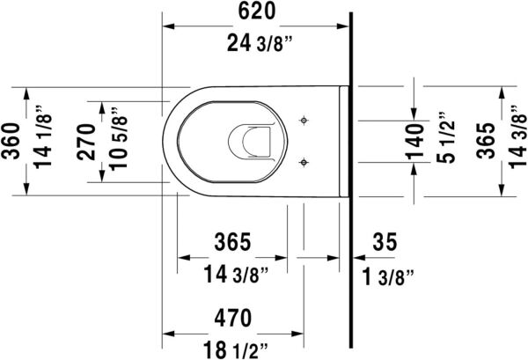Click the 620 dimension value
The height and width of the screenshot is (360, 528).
[x=257, y=11]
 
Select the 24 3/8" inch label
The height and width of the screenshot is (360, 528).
[x=257, y=42]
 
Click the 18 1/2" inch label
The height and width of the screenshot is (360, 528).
[x=234, y=349]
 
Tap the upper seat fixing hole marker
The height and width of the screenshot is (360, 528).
[x=304, y=119]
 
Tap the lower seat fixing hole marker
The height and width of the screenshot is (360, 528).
[x=304, y=161]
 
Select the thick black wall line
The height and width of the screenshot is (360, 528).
[x=350, y=176]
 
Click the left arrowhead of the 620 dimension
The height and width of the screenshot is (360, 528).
[x=170, y=26]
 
